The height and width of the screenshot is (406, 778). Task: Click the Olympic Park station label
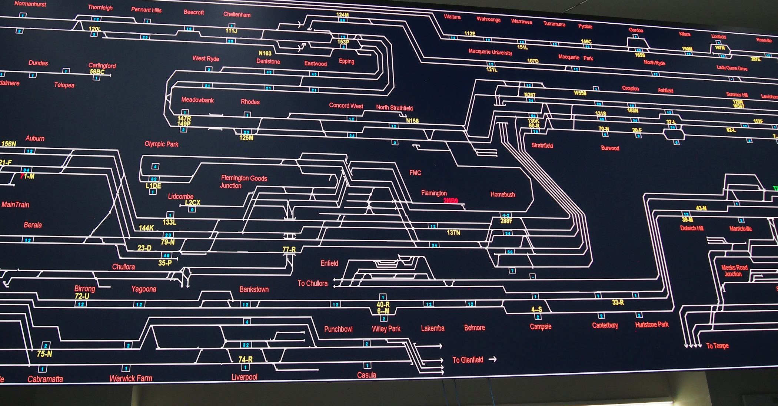161,144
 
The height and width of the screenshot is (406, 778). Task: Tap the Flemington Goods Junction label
243,182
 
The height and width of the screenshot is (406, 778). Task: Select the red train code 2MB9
451,201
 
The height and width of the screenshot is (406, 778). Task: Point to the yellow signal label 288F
506,221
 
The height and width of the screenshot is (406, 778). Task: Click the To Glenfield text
468,360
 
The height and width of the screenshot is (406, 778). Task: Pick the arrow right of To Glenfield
493,359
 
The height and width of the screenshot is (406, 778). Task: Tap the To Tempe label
717,346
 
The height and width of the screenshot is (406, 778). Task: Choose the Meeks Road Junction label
734,271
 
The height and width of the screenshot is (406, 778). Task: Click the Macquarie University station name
490,52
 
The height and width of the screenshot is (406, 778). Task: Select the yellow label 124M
342,15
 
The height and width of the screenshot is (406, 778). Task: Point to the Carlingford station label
102,66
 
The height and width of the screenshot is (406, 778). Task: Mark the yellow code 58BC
97,72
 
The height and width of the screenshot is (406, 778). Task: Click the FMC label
415,172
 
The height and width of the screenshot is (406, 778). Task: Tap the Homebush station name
503,194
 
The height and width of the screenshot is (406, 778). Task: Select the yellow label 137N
453,232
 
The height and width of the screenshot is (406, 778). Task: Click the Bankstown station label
254,289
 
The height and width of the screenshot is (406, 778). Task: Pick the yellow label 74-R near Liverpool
245,359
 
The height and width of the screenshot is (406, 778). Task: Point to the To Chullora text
312,283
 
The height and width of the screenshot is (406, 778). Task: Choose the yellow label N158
412,121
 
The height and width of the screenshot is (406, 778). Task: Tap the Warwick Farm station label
130,378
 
